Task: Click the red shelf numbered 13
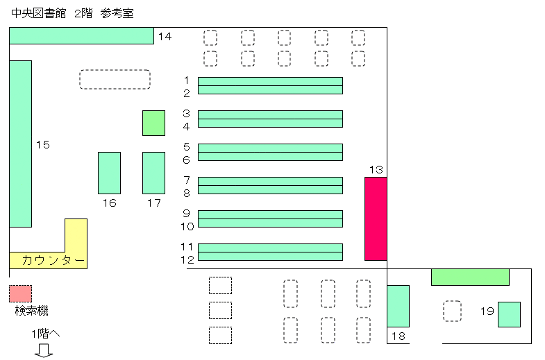pos(376,218)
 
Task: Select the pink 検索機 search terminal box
pos(20,293)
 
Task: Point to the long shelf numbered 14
pos(81,35)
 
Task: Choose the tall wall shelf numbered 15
pos(20,144)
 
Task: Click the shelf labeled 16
pos(109,173)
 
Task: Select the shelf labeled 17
pos(153,173)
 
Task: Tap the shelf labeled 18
pos(398,306)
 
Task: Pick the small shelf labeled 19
pos(509,314)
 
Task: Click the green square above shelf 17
pos(153,123)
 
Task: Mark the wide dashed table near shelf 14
pos(115,79)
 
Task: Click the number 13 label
pos(376,170)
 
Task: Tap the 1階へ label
pos(45,334)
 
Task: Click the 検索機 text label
pos(31,311)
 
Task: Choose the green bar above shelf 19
pos(470,277)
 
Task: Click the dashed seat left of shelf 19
pos(453,311)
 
